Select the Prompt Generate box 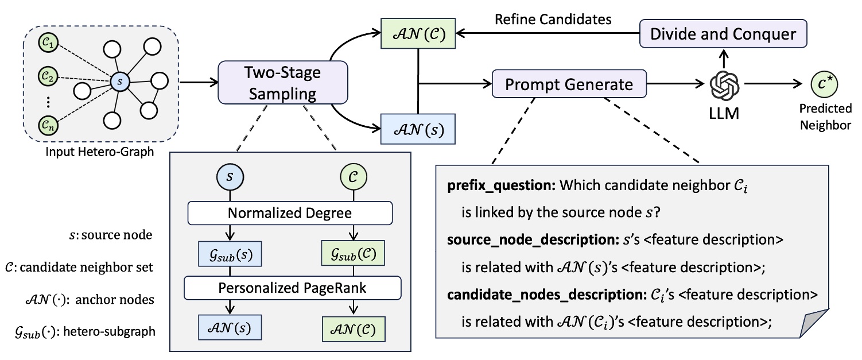point(569,84)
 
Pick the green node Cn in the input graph point(46,125)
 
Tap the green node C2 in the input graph point(46,75)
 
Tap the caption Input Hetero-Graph point(100,152)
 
